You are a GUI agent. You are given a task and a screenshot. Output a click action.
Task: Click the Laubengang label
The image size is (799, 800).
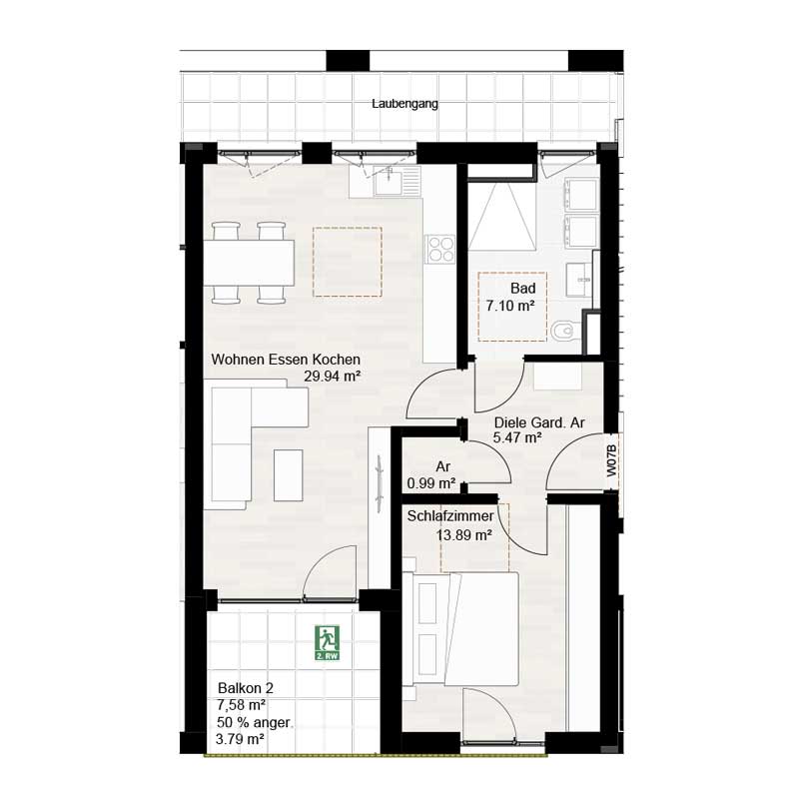[x=404, y=103]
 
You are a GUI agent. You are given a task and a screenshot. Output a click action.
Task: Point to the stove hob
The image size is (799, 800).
[x=440, y=249]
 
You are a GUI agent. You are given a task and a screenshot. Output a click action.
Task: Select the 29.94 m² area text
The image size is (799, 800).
[x=332, y=377]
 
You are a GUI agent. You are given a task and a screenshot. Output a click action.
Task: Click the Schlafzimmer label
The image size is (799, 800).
[x=450, y=516]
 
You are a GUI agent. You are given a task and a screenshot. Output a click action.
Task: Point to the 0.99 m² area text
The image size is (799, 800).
[x=431, y=483]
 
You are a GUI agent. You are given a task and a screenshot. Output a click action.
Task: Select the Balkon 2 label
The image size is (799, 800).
[x=246, y=688]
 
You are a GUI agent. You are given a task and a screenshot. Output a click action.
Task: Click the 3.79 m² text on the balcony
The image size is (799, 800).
[x=241, y=739]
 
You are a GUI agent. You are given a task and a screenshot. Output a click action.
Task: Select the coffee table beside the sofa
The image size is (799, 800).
[x=290, y=474]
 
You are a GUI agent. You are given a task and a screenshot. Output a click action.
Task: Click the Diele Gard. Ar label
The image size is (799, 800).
[x=539, y=422]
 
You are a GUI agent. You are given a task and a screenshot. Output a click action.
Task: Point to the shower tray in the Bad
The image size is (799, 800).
[x=505, y=218]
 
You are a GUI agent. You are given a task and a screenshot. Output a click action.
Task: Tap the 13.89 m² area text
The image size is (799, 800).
[x=463, y=535]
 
